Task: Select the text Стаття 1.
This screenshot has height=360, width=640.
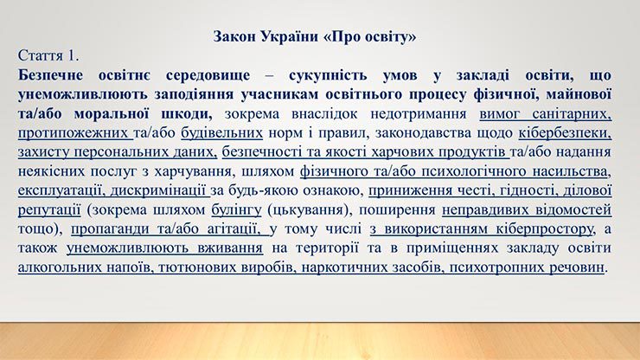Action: [x=48, y=55]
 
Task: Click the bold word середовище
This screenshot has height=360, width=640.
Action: [x=208, y=75]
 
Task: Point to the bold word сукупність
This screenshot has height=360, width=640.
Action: [x=328, y=75]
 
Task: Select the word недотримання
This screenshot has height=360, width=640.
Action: [x=418, y=114]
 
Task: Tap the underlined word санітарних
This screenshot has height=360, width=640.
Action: [x=572, y=114]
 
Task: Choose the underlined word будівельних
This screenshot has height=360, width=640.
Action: [x=221, y=133]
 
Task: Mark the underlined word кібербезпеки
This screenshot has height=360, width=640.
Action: [x=565, y=133]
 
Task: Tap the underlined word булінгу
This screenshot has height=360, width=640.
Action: [x=236, y=209]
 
